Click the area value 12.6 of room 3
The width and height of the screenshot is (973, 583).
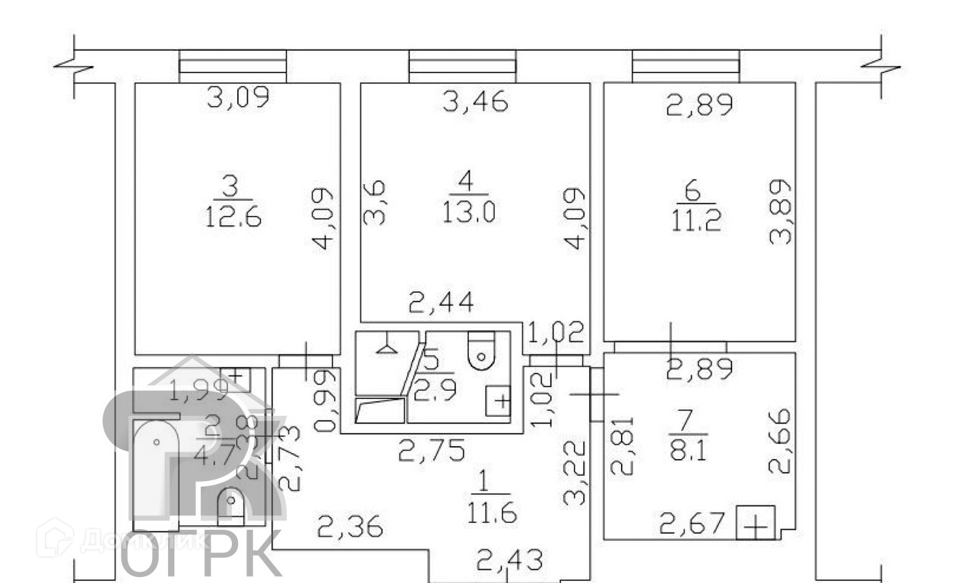tap(233, 219)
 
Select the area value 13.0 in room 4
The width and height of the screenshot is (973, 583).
tap(467, 213)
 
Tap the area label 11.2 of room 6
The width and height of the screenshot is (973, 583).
tap(696, 223)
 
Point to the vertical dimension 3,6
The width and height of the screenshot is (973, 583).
tap(375, 202)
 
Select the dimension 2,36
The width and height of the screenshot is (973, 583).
tap(350, 526)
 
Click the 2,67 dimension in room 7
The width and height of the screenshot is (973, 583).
tap(693, 524)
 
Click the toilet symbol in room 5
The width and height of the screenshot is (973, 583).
tap(480, 350)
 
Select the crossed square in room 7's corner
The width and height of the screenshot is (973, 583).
tap(756, 524)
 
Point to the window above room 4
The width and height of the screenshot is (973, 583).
tap(462, 66)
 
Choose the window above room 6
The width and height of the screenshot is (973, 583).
tap(686, 66)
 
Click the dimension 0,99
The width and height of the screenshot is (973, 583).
tap(325, 401)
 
